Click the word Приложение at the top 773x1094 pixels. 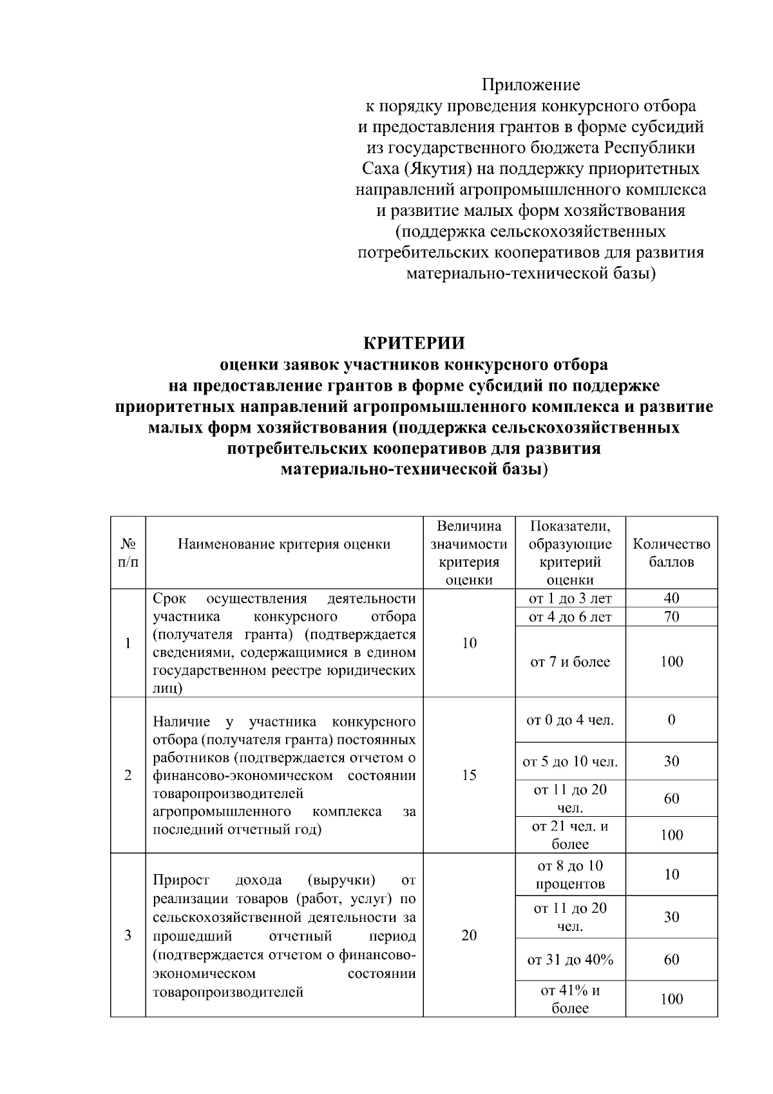(531, 85)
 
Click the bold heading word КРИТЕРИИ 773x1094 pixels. (414, 343)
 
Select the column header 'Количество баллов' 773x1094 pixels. (671, 552)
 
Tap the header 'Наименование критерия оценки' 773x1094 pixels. (284, 544)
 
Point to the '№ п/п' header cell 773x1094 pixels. (128, 552)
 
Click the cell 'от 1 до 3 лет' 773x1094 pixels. (570, 598)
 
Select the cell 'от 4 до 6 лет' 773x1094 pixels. (570, 617)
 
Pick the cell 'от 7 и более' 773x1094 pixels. (570, 662)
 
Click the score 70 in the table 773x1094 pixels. (671, 617)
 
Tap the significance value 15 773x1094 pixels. (469, 775)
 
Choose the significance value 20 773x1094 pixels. (469, 935)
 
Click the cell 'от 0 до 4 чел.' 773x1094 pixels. (570, 719)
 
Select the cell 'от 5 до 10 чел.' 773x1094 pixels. (570, 762)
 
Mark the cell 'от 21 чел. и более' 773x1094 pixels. (570, 835)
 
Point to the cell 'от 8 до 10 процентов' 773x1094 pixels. (570, 875)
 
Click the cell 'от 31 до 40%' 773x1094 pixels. (570, 960)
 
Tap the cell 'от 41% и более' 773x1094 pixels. (570, 999)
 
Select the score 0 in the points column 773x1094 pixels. (671, 719)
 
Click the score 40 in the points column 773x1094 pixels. (671, 598)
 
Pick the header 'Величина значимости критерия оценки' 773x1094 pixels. (469, 552)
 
